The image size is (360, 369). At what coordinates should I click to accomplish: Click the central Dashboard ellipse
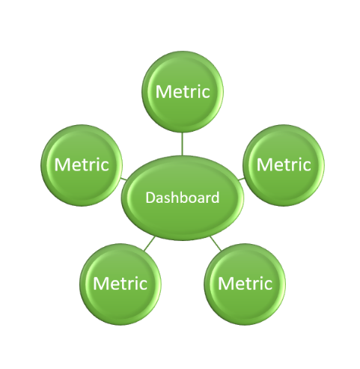(x=183, y=198)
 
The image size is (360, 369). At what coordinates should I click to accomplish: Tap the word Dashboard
(x=183, y=198)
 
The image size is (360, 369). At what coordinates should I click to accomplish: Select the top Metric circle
(x=183, y=92)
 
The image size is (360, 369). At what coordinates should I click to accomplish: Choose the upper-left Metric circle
(x=82, y=165)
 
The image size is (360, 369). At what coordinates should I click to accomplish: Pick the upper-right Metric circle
(x=284, y=165)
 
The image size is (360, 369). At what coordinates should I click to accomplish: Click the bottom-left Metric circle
(x=120, y=284)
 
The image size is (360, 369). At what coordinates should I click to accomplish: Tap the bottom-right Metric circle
(x=245, y=284)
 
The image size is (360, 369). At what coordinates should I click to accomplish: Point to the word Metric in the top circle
(x=183, y=91)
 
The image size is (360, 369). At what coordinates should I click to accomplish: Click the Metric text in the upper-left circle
(x=82, y=165)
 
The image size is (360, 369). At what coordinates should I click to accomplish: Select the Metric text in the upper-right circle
(x=284, y=165)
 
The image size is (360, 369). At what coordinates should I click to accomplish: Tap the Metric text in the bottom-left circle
(x=120, y=284)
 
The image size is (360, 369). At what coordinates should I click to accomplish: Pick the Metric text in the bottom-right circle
(x=245, y=284)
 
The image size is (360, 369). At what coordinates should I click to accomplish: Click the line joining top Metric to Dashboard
(x=183, y=144)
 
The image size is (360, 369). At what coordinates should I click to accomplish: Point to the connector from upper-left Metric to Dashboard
(x=124, y=179)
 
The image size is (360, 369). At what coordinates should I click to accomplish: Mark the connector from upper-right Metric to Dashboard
(x=241, y=179)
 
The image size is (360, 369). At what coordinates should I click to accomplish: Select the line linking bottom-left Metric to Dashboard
(x=150, y=243)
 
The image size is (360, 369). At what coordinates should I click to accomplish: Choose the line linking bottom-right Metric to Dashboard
(x=216, y=243)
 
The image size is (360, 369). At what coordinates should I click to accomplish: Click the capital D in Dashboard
(x=150, y=198)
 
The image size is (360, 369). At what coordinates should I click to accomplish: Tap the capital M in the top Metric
(x=162, y=92)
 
